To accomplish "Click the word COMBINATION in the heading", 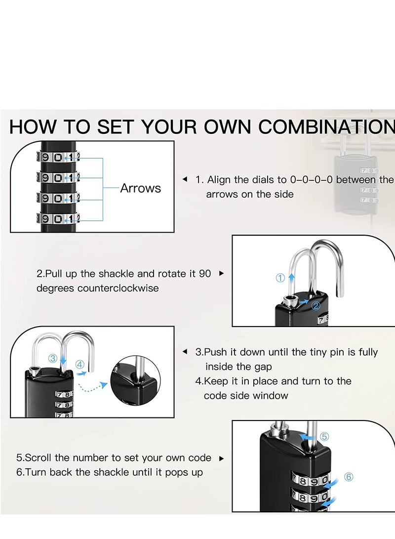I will (x=326, y=127).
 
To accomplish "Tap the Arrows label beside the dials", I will (x=140, y=188).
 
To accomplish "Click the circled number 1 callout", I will (x=280, y=278).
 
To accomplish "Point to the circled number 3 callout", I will (x=52, y=358).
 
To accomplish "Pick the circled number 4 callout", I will (x=80, y=365).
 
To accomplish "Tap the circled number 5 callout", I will (x=324, y=437).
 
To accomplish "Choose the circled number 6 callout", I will (x=349, y=477).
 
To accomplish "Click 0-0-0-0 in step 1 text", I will (x=312, y=180).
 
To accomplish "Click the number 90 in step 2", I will (x=204, y=274).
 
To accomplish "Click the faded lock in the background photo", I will (x=355, y=183).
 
